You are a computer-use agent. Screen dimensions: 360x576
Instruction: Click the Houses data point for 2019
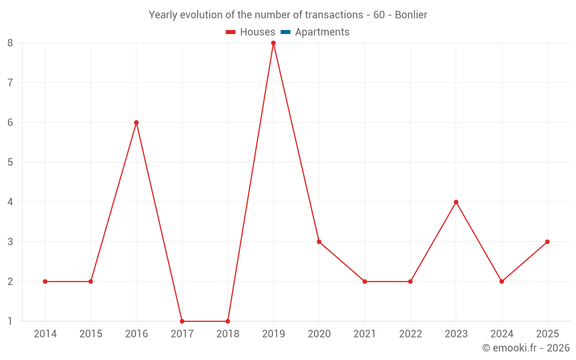[x=274, y=43]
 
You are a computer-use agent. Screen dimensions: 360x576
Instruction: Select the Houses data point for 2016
[x=137, y=123]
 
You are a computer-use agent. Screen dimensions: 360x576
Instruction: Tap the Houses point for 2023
[x=456, y=202]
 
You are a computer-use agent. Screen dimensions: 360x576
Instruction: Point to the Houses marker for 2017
[x=182, y=321]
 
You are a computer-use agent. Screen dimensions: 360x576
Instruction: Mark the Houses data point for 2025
[x=547, y=242]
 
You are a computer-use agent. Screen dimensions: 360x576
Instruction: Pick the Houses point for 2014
[x=45, y=282]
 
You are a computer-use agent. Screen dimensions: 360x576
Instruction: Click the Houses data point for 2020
[x=319, y=242]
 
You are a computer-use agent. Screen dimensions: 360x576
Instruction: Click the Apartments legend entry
[x=322, y=32]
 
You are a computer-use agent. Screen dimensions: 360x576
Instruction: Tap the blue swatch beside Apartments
[x=286, y=32]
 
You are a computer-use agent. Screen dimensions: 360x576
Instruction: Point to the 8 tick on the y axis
[x=10, y=43]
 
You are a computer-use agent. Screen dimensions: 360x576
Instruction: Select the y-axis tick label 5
[x=10, y=162]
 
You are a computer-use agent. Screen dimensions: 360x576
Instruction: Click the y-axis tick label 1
[x=10, y=321]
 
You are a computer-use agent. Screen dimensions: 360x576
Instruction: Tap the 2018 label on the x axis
[x=228, y=334]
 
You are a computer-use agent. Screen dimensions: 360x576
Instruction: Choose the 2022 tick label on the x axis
[x=410, y=334]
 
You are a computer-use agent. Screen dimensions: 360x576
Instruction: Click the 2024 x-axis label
[x=502, y=334]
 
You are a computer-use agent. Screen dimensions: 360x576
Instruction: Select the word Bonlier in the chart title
[x=411, y=15]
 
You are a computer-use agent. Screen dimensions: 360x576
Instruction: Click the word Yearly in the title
[x=163, y=15]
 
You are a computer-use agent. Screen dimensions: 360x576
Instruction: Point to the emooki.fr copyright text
[x=526, y=348]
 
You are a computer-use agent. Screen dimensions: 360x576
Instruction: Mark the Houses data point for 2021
[x=365, y=282]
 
